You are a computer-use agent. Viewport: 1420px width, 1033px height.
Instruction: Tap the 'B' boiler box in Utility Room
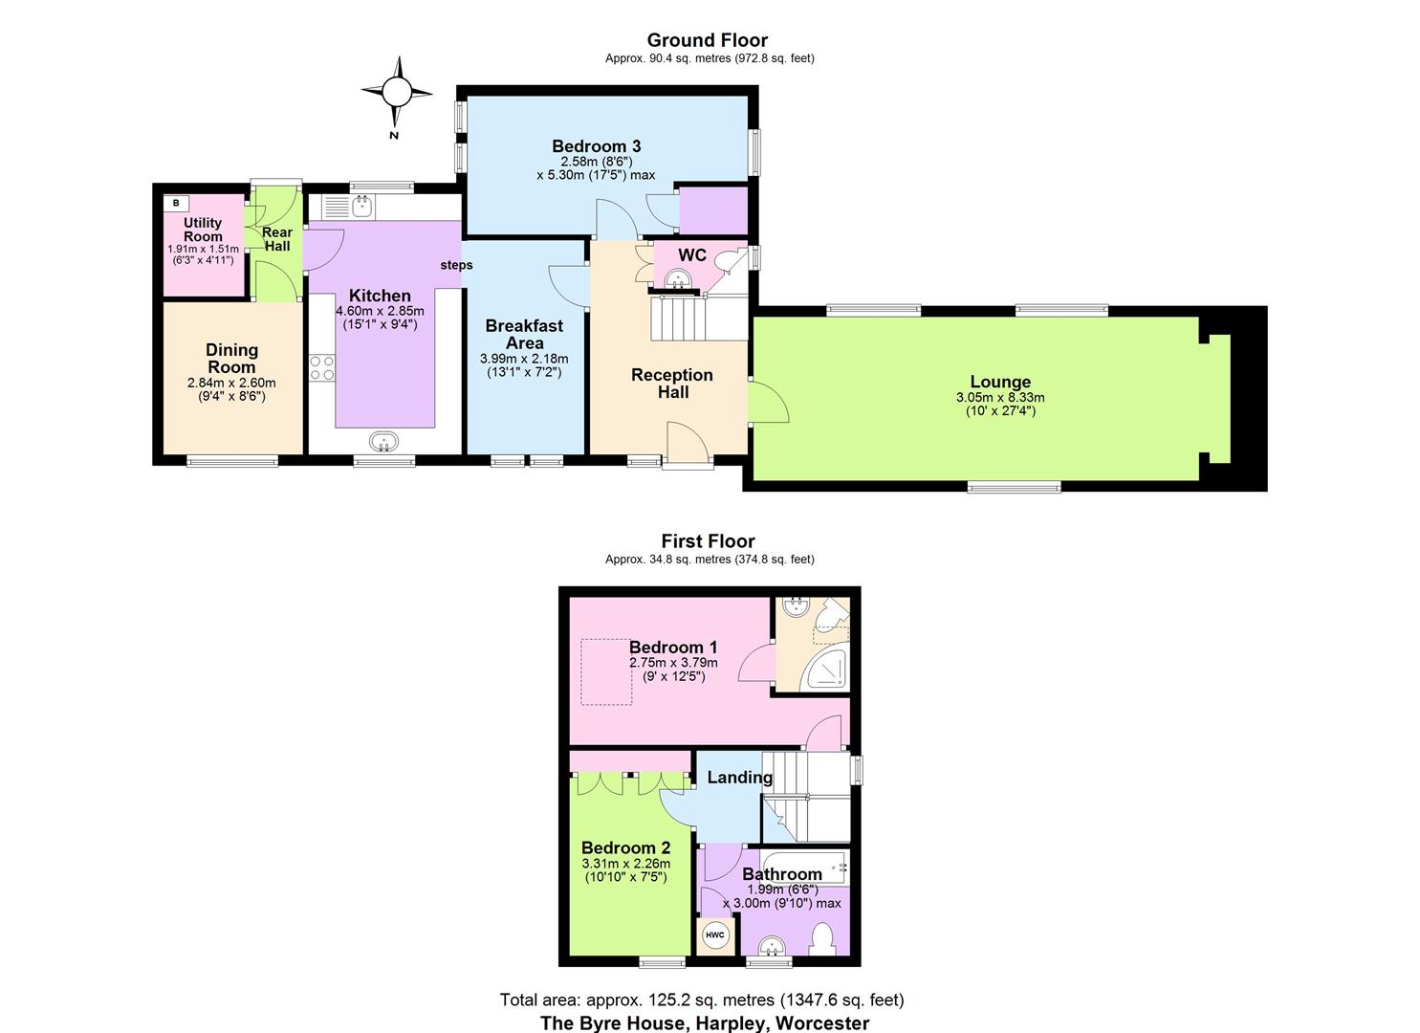point(176,203)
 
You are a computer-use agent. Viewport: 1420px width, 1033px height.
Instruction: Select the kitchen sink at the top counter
point(361,205)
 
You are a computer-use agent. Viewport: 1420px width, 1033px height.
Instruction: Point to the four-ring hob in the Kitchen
point(322,368)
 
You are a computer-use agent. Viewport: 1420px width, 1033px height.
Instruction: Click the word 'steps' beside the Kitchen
point(456,265)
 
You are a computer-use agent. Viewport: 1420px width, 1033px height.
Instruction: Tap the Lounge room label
point(1000,382)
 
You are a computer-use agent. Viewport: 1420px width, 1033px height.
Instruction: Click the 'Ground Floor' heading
point(707,40)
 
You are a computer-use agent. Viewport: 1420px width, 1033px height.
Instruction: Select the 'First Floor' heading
point(708,541)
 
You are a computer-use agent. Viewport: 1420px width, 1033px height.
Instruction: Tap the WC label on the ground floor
point(692,255)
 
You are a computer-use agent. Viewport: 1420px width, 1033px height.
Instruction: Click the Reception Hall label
point(672,384)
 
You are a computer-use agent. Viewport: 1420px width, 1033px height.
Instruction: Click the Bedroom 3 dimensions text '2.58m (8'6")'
point(596,162)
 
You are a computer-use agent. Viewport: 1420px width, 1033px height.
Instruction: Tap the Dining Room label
point(231,359)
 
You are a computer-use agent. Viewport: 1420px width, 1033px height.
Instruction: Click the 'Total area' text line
point(701,1000)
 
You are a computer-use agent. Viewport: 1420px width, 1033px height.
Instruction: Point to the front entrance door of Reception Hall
point(688,450)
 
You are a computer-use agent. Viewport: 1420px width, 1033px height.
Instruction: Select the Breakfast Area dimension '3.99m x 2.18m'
point(524,359)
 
